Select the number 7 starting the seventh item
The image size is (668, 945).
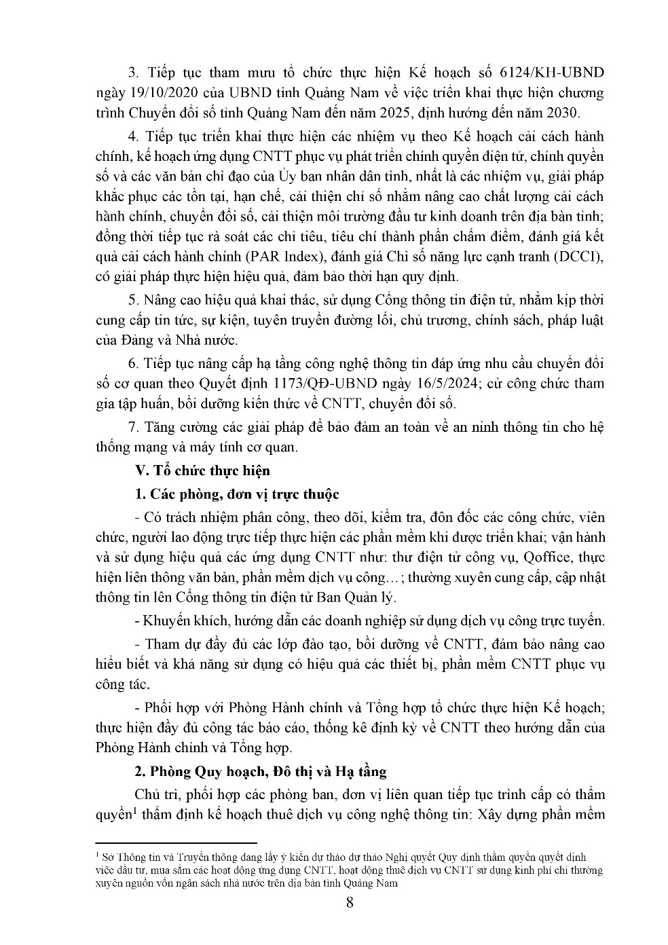[x=133, y=427]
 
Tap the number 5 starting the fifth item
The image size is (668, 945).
[x=133, y=300]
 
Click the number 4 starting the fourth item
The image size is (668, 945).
[x=133, y=136]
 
